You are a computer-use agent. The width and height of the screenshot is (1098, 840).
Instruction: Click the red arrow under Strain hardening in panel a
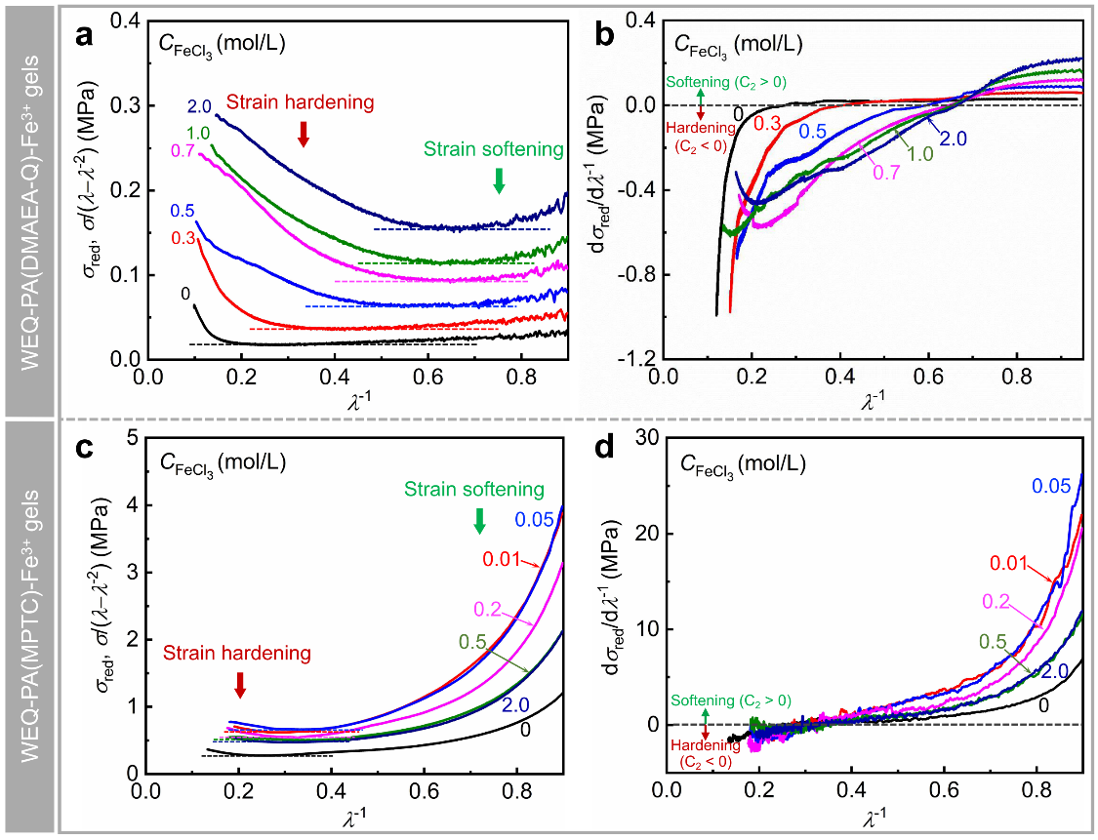click(x=304, y=135)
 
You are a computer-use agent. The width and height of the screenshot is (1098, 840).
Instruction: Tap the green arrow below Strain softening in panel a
click(x=500, y=180)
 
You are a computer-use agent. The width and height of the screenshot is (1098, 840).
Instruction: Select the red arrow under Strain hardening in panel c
click(x=240, y=686)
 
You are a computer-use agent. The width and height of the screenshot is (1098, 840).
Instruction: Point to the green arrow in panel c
click(x=479, y=521)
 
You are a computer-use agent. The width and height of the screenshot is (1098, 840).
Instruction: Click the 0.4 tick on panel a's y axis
click(x=126, y=21)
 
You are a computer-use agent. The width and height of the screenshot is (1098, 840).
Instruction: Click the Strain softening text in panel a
click(x=494, y=149)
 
